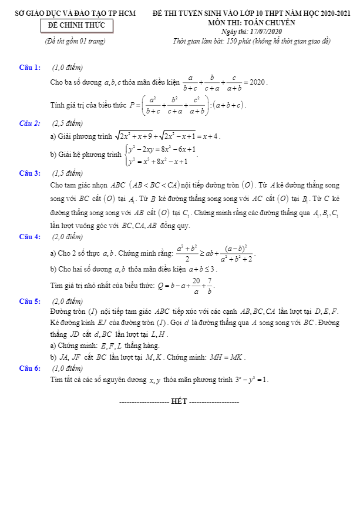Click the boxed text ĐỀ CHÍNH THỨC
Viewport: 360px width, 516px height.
[x=76, y=25]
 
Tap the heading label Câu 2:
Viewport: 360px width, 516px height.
[x=29, y=123]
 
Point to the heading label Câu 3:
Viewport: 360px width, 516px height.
[x=29, y=173]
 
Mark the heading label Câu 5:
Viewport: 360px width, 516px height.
[x=29, y=301]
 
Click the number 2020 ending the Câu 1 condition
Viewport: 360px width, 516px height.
[x=258, y=82]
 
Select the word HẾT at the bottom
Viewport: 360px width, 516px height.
[x=179, y=401]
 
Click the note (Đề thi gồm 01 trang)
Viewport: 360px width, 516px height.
[x=75, y=41]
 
